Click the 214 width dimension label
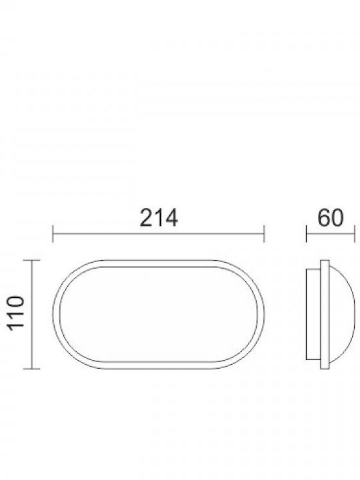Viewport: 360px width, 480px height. click(159, 217)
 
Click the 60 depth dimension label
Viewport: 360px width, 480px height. click(331, 217)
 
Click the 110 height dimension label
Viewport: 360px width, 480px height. click(16, 313)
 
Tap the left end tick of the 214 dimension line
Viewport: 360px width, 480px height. click(53, 234)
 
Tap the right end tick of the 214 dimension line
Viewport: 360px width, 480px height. click(264, 234)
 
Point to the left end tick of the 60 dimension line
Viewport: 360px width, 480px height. click(307, 234)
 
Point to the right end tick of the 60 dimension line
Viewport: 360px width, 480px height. click(355, 234)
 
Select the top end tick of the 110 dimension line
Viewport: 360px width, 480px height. click(32, 260)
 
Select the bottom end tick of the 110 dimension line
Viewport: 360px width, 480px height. click(32, 369)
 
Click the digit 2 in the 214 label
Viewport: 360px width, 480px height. click(146, 217)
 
